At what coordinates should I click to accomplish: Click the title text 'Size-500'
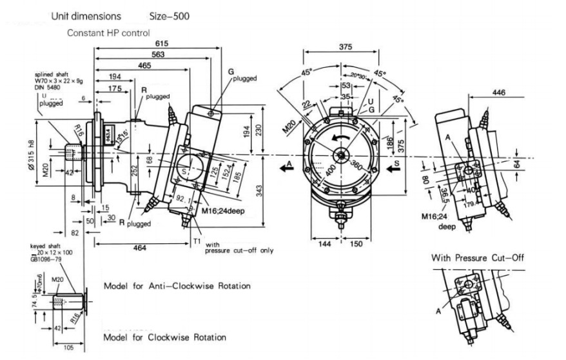point(168,14)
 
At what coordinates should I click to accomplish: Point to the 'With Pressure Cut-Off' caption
point(477,258)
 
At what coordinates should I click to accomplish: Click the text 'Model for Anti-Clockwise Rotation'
point(177,285)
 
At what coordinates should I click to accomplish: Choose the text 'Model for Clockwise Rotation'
point(165,337)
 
